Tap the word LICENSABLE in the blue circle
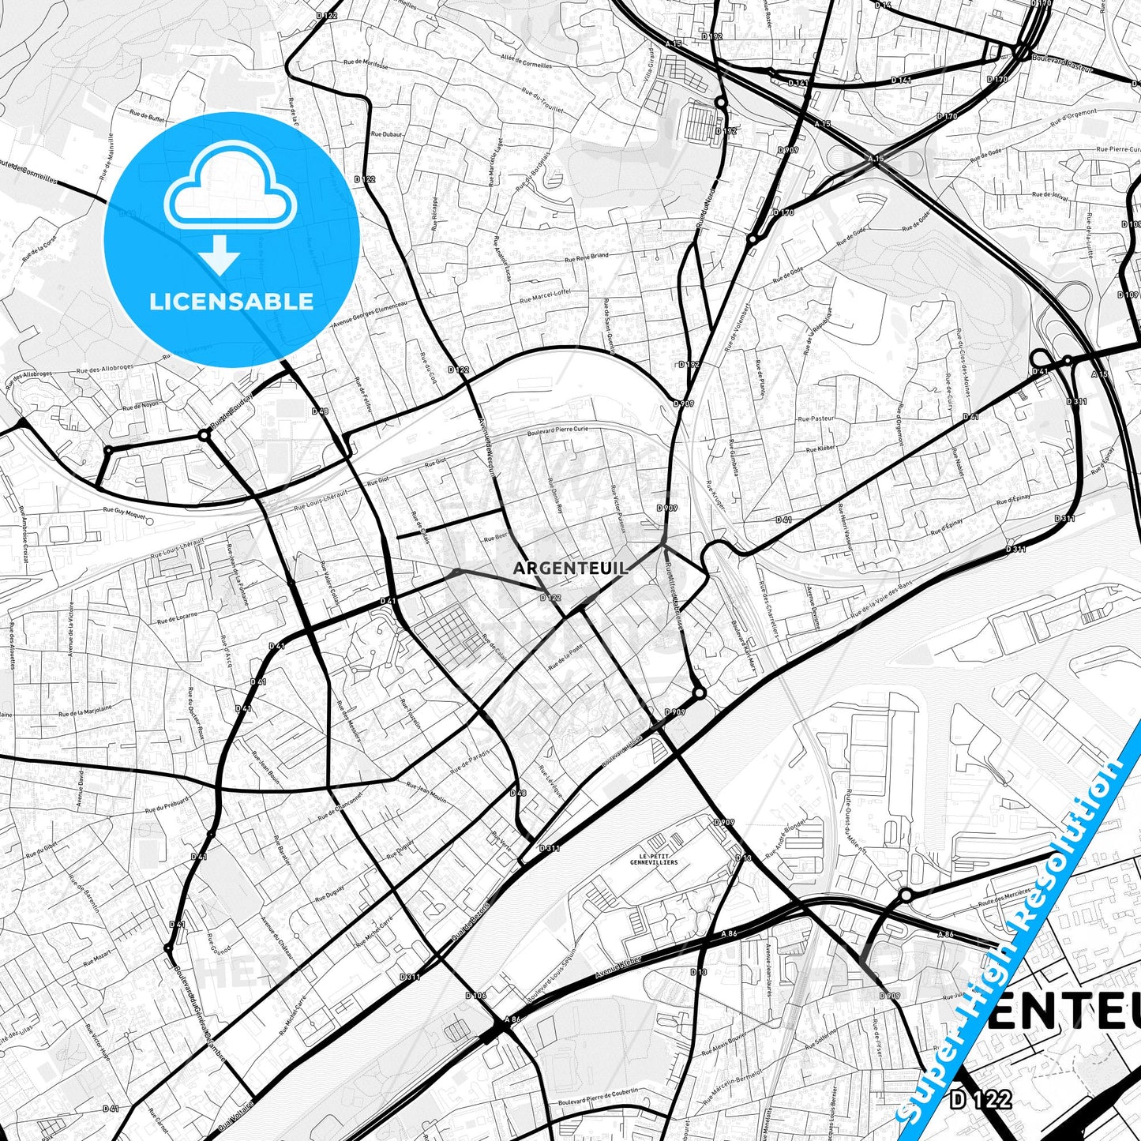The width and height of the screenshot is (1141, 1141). point(231,302)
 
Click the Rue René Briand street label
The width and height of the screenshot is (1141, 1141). point(587,257)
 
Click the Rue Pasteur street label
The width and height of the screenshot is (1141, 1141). point(816,418)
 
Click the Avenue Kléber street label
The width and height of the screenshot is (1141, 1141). point(618,966)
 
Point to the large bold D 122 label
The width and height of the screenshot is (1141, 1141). point(980,1098)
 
